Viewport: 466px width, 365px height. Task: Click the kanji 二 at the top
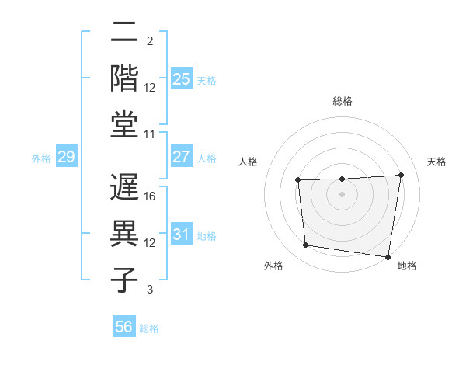click(x=125, y=36)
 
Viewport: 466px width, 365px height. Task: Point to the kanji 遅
click(x=125, y=189)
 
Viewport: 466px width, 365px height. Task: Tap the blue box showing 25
click(x=181, y=78)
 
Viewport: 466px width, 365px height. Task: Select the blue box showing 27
click(x=181, y=157)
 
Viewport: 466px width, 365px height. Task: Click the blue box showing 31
click(x=181, y=235)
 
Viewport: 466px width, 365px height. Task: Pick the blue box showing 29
click(x=67, y=158)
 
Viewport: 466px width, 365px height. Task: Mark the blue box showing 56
click(x=124, y=328)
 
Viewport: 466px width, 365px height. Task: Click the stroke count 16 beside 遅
click(x=151, y=197)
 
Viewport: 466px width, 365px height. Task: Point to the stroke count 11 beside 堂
click(x=151, y=134)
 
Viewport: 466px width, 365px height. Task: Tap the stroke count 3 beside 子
click(x=150, y=290)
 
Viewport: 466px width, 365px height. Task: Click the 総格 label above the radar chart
click(x=343, y=102)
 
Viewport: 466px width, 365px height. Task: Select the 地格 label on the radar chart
click(x=407, y=266)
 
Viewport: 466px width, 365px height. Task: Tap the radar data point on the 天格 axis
click(x=401, y=175)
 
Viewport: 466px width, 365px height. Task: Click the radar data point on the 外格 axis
click(x=306, y=245)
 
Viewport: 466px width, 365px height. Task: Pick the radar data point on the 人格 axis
click(x=298, y=180)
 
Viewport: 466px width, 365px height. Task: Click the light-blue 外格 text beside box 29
click(x=41, y=158)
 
